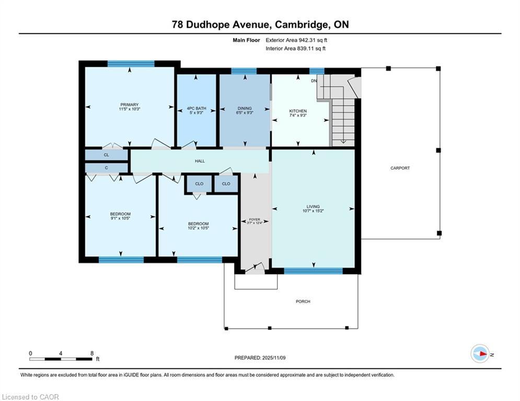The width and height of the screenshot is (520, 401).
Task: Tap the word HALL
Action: pyautogui.click(x=200, y=161)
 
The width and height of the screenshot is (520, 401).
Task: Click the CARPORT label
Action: pyautogui.click(x=400, y=168)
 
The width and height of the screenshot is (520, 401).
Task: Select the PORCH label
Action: pyautogui.click(x=303, y=301)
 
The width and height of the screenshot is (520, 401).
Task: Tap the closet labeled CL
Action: pyautogui.click(x=106, y=155)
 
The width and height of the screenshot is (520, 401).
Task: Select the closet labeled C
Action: pyautogui.click(x=106, y=168)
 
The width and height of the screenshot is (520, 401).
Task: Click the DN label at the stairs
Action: pyautogui.click(x=314, y=81)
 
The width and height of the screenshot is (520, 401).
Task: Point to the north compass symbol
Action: pyautogui.click(x=480, y=354)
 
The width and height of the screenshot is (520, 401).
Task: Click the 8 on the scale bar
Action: pyautogui.click(x=92, y=353)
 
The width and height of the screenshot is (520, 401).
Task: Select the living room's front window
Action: pyautogui.click(x=313, y=270)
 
